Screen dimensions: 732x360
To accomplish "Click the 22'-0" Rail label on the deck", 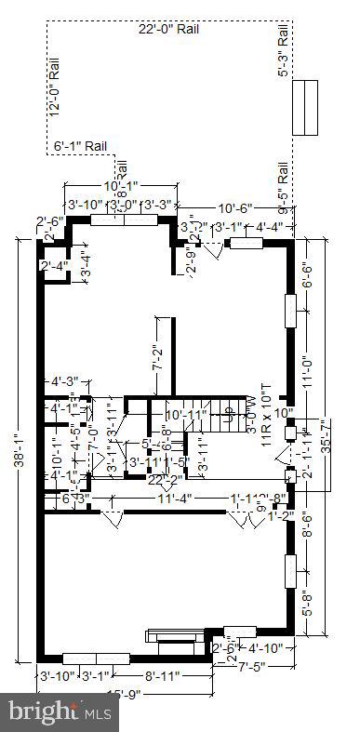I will coord(168,30).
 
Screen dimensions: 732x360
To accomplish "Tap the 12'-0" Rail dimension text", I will coord(55,88).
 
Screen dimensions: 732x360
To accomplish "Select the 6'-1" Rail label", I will coord(81,145).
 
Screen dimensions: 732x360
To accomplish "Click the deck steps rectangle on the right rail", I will coord(304,108).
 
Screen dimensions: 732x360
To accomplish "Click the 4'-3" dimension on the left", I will coord(63,380).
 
